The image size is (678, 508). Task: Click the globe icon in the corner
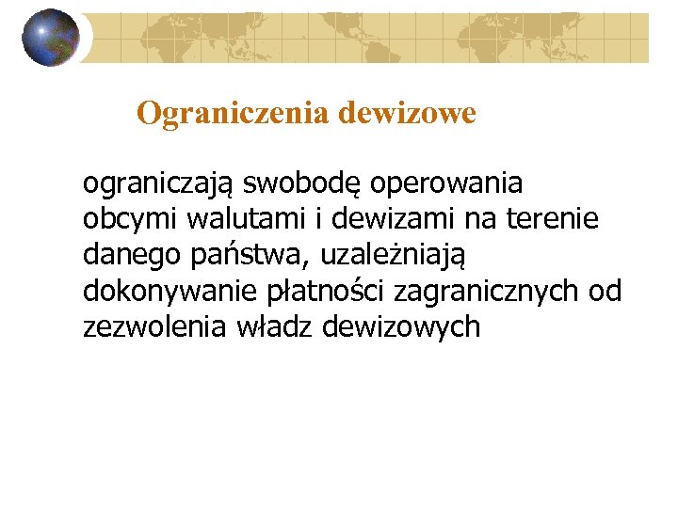click(52, 38)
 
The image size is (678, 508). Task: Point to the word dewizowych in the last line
click(401, 328)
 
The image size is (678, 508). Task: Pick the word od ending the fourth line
click(605, 292)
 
